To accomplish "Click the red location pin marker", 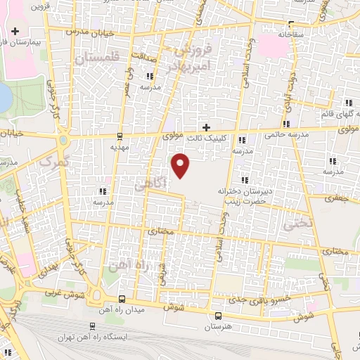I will coord(181,164).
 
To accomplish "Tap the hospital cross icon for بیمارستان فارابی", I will coord(15,31).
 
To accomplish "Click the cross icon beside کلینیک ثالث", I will coord(206,127).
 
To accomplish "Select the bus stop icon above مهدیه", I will coord(120,136).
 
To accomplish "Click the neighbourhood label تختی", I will coord(289,222).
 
